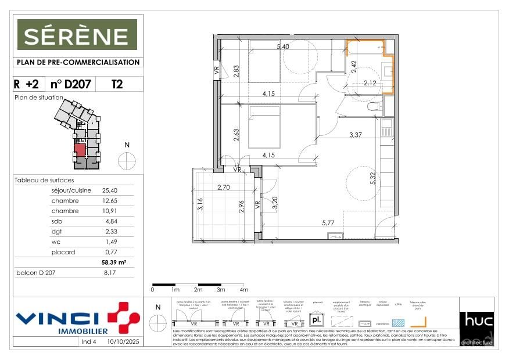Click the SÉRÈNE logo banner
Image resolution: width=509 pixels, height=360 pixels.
[x=77, y=34]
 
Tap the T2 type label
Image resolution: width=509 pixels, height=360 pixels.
[x=117, y=84]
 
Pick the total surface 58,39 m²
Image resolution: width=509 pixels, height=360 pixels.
[x=113, y=262]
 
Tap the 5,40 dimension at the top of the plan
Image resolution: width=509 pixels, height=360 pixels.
[x=283, y=46]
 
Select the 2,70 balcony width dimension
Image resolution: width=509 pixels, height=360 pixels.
[x=224, y=188]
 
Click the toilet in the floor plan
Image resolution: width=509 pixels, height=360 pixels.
[x=374, y=106]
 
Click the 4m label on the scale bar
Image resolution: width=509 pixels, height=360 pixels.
[x=243, y=290]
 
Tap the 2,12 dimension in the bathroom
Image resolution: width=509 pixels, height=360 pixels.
[x=370, y=83]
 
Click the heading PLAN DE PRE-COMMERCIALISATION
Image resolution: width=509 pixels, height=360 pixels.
[x=77, y=62]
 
